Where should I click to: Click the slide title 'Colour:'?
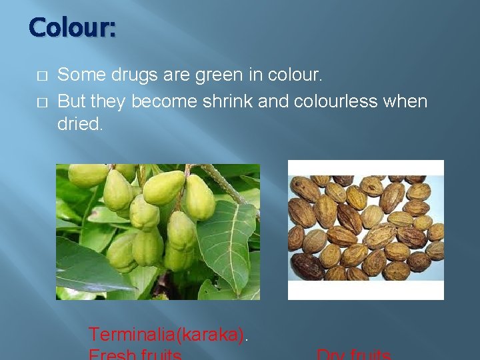[x=72, y=28]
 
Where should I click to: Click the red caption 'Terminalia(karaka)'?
[x=167, y=334]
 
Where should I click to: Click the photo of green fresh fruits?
[x=157, y=231]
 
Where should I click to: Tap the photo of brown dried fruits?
[x=365, y=229]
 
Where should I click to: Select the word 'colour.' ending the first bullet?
[x=295, y=75]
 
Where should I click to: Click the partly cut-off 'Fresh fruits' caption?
[x=135, y=355]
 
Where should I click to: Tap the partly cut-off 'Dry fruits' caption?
[x=353, y=355]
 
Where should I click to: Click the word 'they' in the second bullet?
[x=108, y=101]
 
